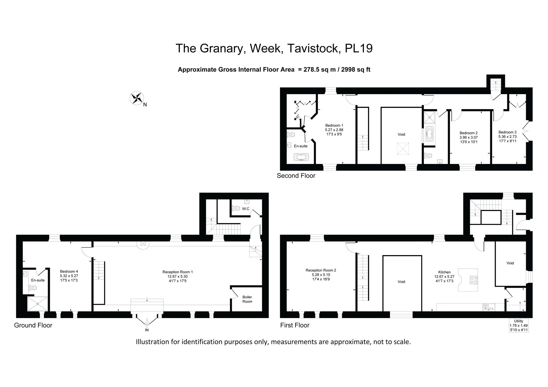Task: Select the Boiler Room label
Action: tap(247, 299)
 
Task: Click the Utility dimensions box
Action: tap(518, 325)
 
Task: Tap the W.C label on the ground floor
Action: tap(246, 209)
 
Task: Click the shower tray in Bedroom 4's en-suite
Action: tap(38, 304)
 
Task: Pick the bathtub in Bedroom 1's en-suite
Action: tap(301, 157)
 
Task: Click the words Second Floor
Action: tap(296, 176)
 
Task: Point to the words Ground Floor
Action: tap(33, 325)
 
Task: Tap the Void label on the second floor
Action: tap(401, 134)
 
